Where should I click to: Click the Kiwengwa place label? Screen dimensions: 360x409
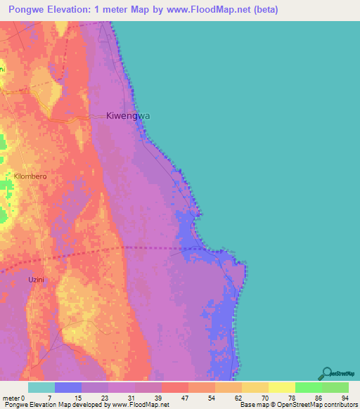[128, 116]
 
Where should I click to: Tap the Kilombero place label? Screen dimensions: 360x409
[30, 176]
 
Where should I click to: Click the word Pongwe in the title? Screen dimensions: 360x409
[25, 10]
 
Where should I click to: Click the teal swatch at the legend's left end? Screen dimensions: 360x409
[41, 387]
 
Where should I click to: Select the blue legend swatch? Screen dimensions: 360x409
[68, 387]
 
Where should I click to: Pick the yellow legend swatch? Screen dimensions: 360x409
[282, 387]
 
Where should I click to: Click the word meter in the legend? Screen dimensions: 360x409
[11, 397]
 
